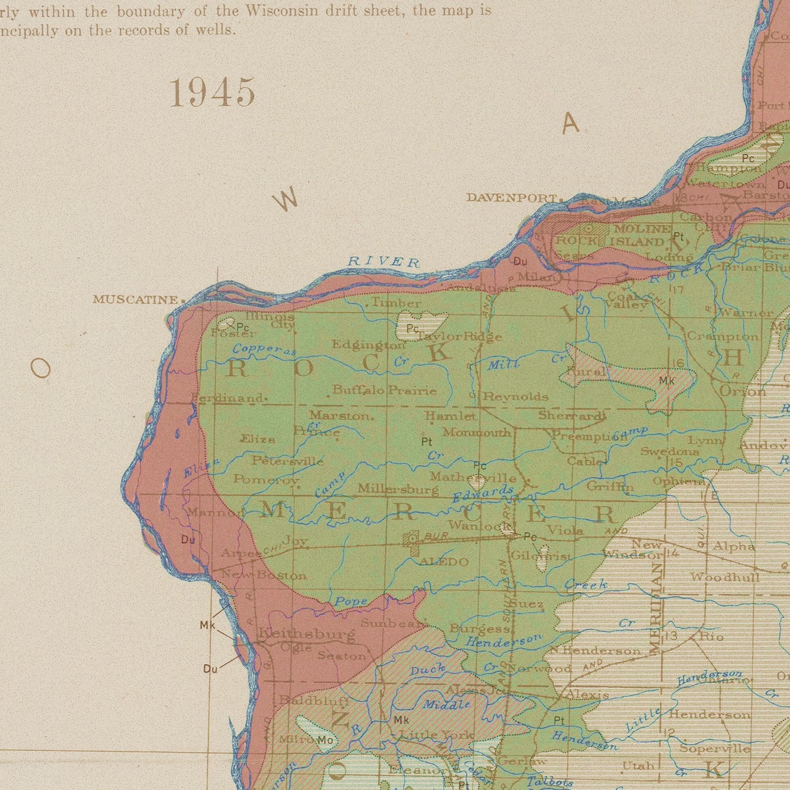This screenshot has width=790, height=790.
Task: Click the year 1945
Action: point(212,92)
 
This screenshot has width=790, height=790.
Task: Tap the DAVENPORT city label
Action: point(511,198)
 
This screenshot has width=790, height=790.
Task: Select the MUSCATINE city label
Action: point(136,300)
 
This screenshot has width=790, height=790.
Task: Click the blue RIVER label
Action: point(384,262)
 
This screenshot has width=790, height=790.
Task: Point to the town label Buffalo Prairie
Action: point(384,390)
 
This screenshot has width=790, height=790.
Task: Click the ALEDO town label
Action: point(443,562)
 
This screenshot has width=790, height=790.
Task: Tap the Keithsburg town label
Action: point(306,634)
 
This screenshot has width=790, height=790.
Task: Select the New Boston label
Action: point(264,575)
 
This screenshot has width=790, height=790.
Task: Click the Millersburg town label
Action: point(397,489)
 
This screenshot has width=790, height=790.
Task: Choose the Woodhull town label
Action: point(724,577)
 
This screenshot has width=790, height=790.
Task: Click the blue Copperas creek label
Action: point(264,350)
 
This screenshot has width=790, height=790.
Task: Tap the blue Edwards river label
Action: point(483,494)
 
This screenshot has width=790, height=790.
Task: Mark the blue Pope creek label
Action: point(351,601)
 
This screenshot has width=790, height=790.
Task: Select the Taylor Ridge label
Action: point(459,337)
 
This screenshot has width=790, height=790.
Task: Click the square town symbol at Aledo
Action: point(411,540)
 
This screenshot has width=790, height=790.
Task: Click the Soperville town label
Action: point(715,748)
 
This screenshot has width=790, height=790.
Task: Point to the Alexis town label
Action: point(587,695)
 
